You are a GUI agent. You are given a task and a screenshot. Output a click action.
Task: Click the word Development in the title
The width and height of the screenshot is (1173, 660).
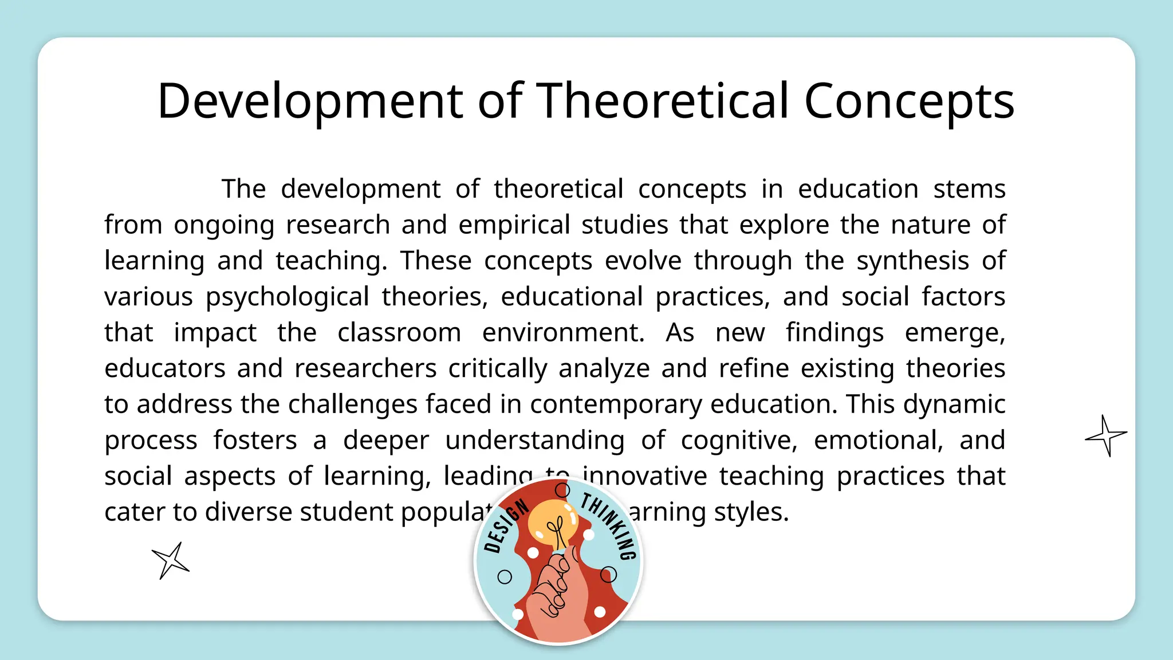coord(310,101)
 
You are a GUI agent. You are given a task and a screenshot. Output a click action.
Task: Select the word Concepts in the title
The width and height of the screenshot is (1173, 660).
coord(909,101)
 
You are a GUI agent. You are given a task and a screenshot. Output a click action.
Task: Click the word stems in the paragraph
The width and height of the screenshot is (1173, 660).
coord(969,189)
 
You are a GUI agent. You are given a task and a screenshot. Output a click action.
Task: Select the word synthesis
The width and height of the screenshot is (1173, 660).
coord(912,261)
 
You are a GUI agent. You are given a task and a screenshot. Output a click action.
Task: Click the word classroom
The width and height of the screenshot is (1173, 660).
coord(399,333)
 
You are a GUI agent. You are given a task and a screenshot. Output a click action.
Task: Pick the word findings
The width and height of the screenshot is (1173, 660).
coord(835,333)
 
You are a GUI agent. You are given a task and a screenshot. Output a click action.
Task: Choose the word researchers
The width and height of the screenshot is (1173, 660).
coord(365,368)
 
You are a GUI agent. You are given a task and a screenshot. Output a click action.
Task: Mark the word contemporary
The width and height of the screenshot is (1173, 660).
coord(616,404)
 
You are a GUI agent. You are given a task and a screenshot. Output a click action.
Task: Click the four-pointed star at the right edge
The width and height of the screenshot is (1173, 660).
coord(1105,436)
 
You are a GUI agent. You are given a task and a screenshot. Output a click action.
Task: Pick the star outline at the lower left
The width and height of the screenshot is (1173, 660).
coord(170,560)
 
